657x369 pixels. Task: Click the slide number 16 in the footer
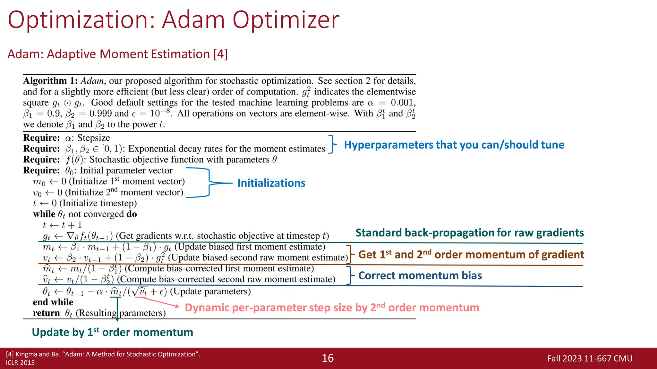[x=328, y=358]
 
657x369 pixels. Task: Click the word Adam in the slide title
[x=193, y=20]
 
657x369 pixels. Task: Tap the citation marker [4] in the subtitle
[x=220, y=54]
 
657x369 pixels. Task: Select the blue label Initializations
[x=271, y=183]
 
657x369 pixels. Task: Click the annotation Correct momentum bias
[x=420, y=276]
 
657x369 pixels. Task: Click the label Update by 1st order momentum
[x=112, y=332]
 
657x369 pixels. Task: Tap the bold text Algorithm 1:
[x=50, y=81]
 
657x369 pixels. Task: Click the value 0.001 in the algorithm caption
[x=403, y=103]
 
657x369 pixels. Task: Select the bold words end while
[x=53, y=302]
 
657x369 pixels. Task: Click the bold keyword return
[x=46, y=313]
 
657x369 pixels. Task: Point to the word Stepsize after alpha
[x=94, y=138]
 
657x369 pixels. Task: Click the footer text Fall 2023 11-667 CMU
[x=590, y=358]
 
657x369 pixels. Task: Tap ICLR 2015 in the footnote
[x=20, y=363]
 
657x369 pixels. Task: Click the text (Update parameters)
[x=210, y=291]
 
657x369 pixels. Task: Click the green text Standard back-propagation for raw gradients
[x=469, y=233]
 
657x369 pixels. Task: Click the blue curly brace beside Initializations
[x=209, y=183]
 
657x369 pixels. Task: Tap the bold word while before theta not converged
[x=44, y=214]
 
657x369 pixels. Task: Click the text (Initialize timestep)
[x=98, y=203]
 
